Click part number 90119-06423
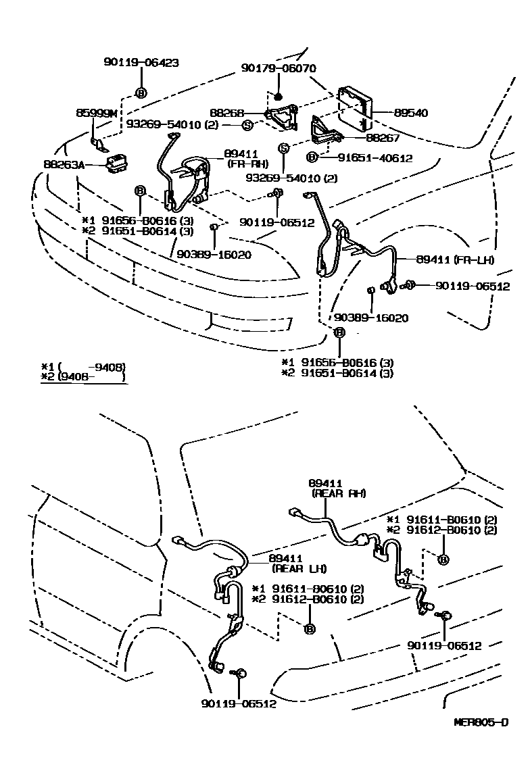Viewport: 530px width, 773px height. point(141,62)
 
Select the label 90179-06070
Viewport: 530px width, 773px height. point(279,68)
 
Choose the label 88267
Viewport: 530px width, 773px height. point(383,137)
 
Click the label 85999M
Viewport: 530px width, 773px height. point(97,114)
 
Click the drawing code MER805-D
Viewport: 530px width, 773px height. point(481,722)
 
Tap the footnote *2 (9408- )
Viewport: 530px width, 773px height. point(84,377)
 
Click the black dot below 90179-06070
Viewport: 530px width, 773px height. point(278,97)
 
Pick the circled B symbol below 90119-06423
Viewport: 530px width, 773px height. point(141,93)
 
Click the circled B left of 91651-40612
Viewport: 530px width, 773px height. point(311,157)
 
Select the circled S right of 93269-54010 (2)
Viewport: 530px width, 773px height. point(247,125)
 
